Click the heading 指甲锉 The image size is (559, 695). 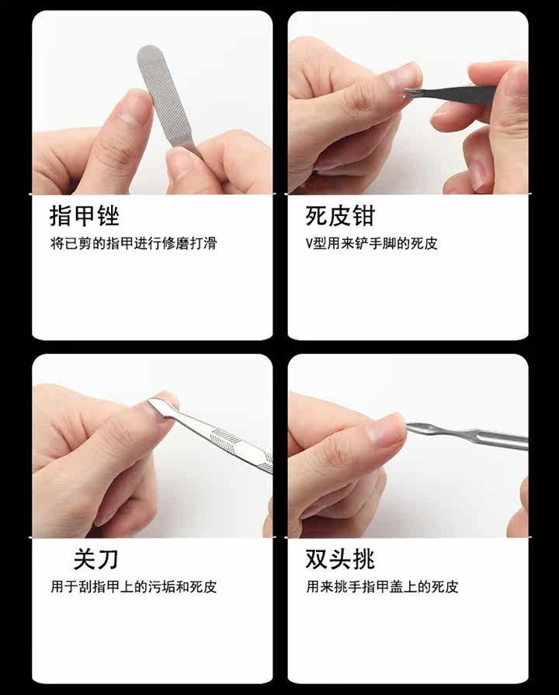pos(84,216)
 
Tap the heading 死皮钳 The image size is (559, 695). pos(340,216)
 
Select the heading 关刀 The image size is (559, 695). pos(95,559)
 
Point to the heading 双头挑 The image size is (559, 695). pos(340,559)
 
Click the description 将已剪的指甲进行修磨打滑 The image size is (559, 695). pos(134,243)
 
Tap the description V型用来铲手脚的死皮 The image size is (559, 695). pos(371,243)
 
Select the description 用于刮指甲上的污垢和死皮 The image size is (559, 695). pos(134,587)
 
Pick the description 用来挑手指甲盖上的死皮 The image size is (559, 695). pos(382,587)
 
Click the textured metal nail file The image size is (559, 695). pos(166,96)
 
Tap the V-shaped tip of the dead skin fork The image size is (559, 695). pos(408,93)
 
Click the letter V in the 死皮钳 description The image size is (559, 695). pos(309,244)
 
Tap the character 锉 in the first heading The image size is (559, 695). pos(108,216)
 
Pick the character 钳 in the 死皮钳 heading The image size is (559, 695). pos(363,216)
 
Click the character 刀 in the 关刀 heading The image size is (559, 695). pos(108,559)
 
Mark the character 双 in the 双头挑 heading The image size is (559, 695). pos(317,559)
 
